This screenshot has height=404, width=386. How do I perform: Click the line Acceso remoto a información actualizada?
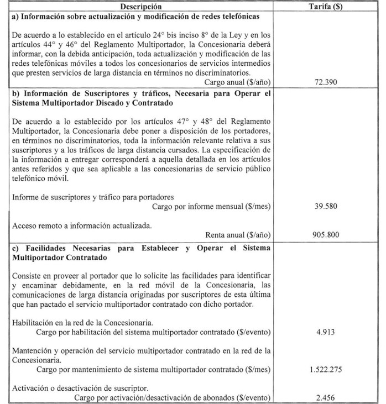pos(81,224)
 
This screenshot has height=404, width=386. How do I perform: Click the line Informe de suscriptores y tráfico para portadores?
pos(93,197)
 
